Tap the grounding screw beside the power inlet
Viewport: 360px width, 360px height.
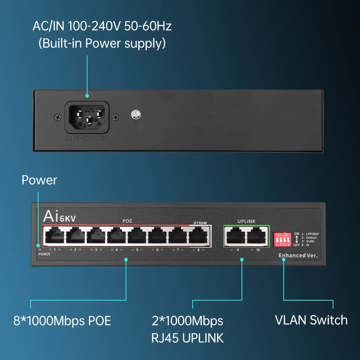136,115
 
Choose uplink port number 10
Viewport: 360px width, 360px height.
257,236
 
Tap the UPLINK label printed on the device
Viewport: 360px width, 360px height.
246,221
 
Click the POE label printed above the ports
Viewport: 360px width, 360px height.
127,221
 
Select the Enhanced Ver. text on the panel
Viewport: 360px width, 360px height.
297,256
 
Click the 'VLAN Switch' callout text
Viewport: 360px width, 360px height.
311,320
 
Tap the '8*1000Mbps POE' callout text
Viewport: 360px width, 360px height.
62,320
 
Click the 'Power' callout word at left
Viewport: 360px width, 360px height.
39,180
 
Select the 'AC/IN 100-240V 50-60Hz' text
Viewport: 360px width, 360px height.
102,26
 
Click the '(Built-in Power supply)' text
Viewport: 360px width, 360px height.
102,44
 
